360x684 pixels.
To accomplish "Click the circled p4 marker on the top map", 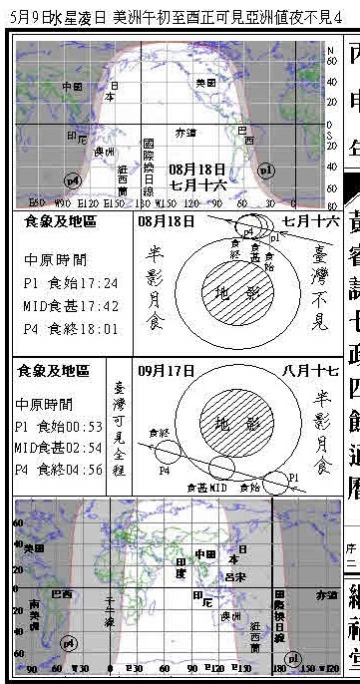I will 72,180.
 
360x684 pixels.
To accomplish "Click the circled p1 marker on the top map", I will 265,172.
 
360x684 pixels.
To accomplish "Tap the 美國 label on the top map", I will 205,83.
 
